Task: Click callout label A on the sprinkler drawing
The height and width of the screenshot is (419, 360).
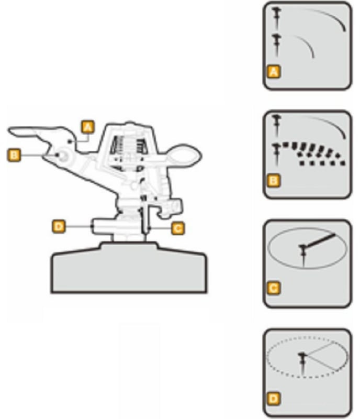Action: point(88,127)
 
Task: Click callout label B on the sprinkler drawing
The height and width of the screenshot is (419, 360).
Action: point(14,155)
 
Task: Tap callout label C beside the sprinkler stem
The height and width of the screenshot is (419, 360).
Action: point(177,228)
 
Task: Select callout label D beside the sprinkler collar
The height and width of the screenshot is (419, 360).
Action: point(59,227)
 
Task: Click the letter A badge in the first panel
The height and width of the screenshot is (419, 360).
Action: point(274,72)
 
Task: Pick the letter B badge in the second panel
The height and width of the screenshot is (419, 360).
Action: point(274,181)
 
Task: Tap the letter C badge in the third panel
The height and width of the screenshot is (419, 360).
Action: point(274,288)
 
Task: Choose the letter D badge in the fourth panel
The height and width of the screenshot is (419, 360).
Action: point(274,399)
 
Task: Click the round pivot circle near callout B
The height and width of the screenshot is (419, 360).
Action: point(63,156)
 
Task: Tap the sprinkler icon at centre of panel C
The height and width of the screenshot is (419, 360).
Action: point(303,255)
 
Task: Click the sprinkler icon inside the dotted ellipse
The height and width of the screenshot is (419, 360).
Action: point(302,363)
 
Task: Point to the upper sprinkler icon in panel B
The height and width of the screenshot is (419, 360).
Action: point(276,125)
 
